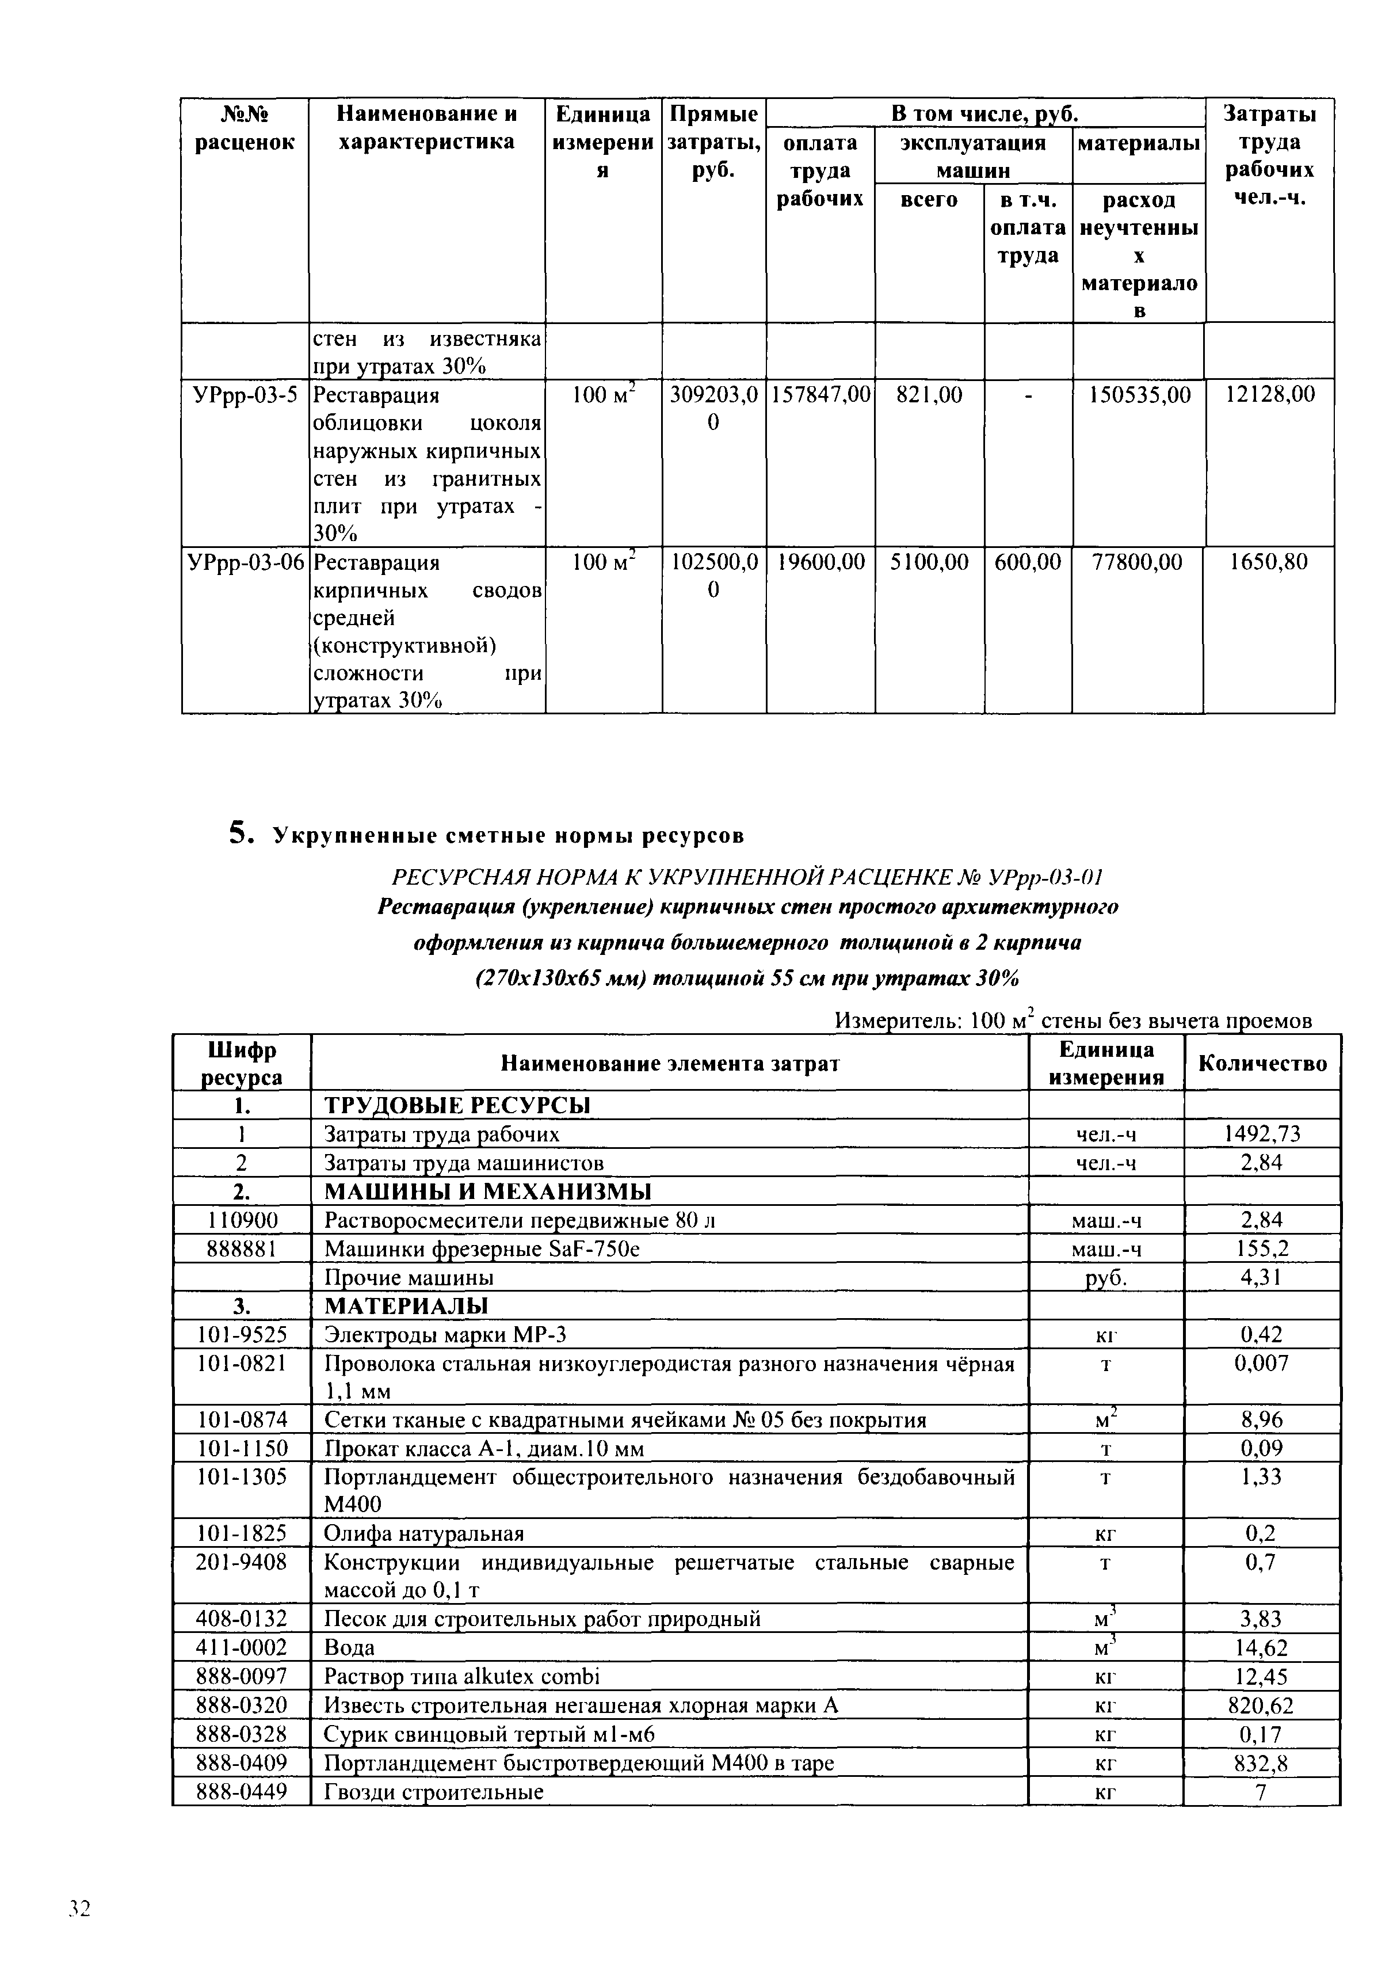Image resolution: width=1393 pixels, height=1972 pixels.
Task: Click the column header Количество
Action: [x=1262, y=1064]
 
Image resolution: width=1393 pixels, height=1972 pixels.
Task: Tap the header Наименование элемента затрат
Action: [x=669, y=1064]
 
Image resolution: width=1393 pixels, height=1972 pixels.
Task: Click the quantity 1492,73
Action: [x=1262, y=1135]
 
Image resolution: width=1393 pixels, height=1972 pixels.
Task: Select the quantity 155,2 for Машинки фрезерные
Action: [x=1262, y=1249]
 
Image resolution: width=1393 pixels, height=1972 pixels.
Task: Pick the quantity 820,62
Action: [x=1262, y=1705]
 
